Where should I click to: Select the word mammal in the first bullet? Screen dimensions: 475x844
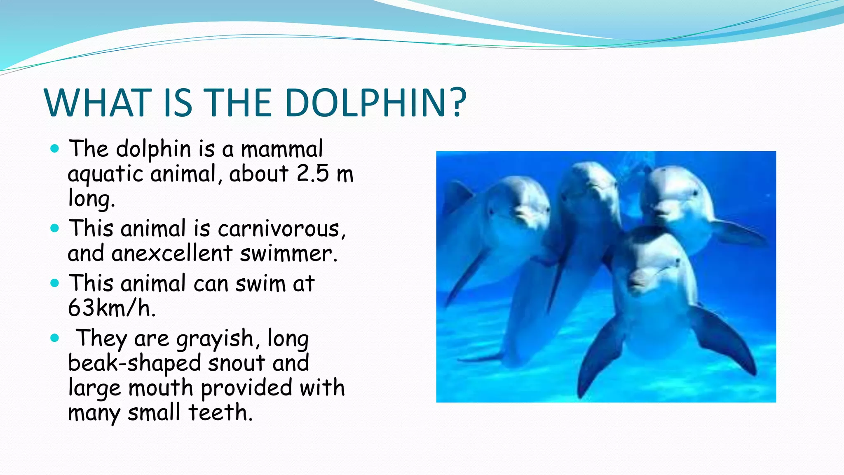pyautogui.click(x=282, y=149)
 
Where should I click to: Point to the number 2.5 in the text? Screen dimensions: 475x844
pyautogui.click(x=312, y=174)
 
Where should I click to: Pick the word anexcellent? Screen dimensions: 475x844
pyautogui.click(x=172, y=253)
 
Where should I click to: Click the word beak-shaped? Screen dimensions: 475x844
pyautogui.click(x=134, y=363)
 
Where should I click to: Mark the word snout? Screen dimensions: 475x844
pyautogui.click(x=237, y=363)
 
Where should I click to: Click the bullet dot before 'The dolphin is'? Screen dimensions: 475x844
pyautogui.click(x=54, y=148)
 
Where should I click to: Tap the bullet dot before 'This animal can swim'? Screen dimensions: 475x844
pyautogui.click(x=54, y=283)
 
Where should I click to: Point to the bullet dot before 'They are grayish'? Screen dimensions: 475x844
pyautogui.click(x=54, y=339)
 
